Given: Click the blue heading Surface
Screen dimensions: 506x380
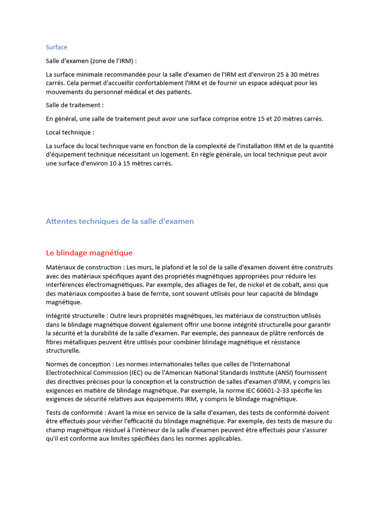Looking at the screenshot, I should (x=56, y=47).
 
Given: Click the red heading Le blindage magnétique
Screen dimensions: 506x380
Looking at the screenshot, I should (x=89, y=253).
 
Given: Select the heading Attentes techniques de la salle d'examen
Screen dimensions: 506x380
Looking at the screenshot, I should (x=120, y=221).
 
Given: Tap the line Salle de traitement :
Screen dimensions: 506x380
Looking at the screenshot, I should (x=75, y=105).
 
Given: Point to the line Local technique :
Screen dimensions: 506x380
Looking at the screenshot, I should (x=70, y=132).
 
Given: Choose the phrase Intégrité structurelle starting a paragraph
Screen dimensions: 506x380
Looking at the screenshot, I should (x=76, y=316).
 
